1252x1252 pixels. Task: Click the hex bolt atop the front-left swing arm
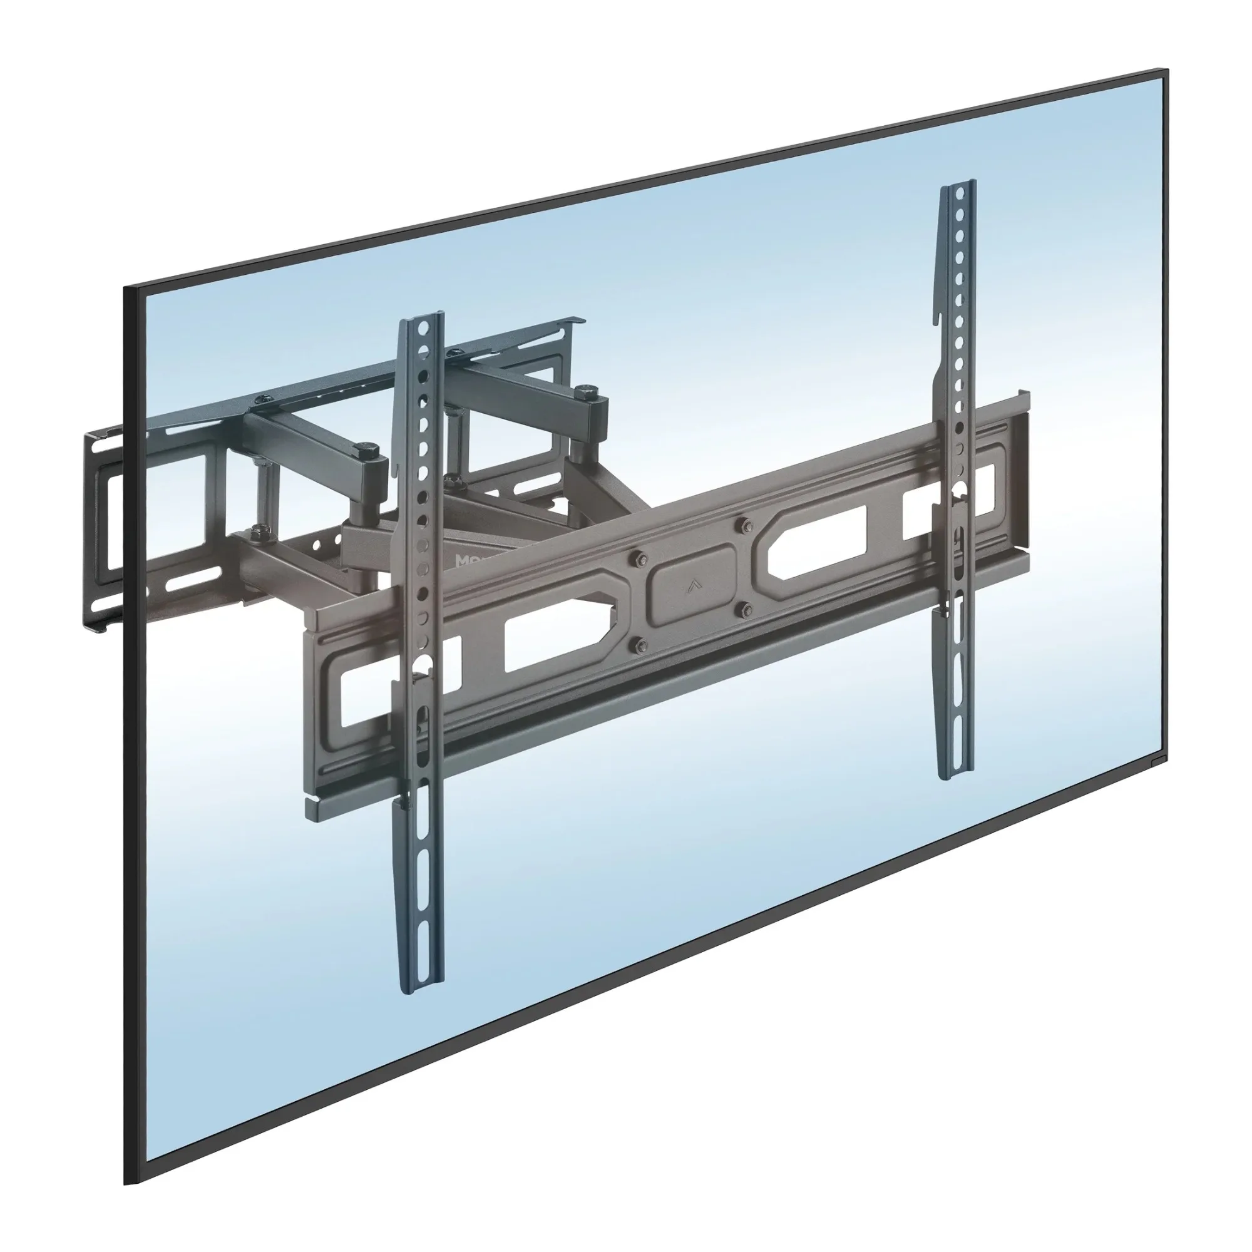(x=368, y=448)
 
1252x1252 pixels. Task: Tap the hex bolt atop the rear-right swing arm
(x=587, y=391)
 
